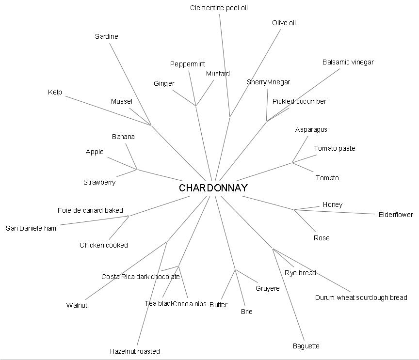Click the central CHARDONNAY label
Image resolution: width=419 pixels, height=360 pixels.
click(x=213, y=188)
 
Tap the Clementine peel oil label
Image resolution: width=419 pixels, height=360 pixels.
click(x=219, y=8)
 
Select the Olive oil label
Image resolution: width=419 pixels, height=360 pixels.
click(x=284, y=23)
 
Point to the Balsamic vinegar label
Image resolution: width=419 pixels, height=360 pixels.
click(x=348, y=62)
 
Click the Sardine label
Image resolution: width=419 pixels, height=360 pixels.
click(x=106, y=36)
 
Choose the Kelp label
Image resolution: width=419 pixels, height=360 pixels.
click(x=55, y=92)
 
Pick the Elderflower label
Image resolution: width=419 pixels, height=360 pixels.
click(x=396, y=215)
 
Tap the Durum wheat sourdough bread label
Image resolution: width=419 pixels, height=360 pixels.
click(x=361, y=297)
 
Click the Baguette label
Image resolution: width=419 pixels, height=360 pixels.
click(x=306, y=346)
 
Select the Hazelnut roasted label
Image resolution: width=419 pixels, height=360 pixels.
click(x=135, y=351)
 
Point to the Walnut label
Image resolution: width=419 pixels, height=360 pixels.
click(x=77, y=305)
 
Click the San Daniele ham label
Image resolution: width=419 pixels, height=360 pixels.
click(x=31, y=228)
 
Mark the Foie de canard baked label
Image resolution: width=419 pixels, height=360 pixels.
click(x=90, y=210)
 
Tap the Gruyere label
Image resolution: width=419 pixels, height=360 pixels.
click(x=267, y=288)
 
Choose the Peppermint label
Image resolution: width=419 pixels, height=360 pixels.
click(x=188, y=64)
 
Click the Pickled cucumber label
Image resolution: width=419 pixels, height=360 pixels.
click(x=299, y=101)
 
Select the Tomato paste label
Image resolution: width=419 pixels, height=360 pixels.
click(x=334, y=148)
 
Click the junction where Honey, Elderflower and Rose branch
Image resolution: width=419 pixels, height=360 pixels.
click(x=294, y=210)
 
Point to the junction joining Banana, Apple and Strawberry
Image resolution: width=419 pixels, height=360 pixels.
click(x=137, y=169)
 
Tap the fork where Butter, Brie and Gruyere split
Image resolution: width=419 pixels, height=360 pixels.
click(x=236, y=269)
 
